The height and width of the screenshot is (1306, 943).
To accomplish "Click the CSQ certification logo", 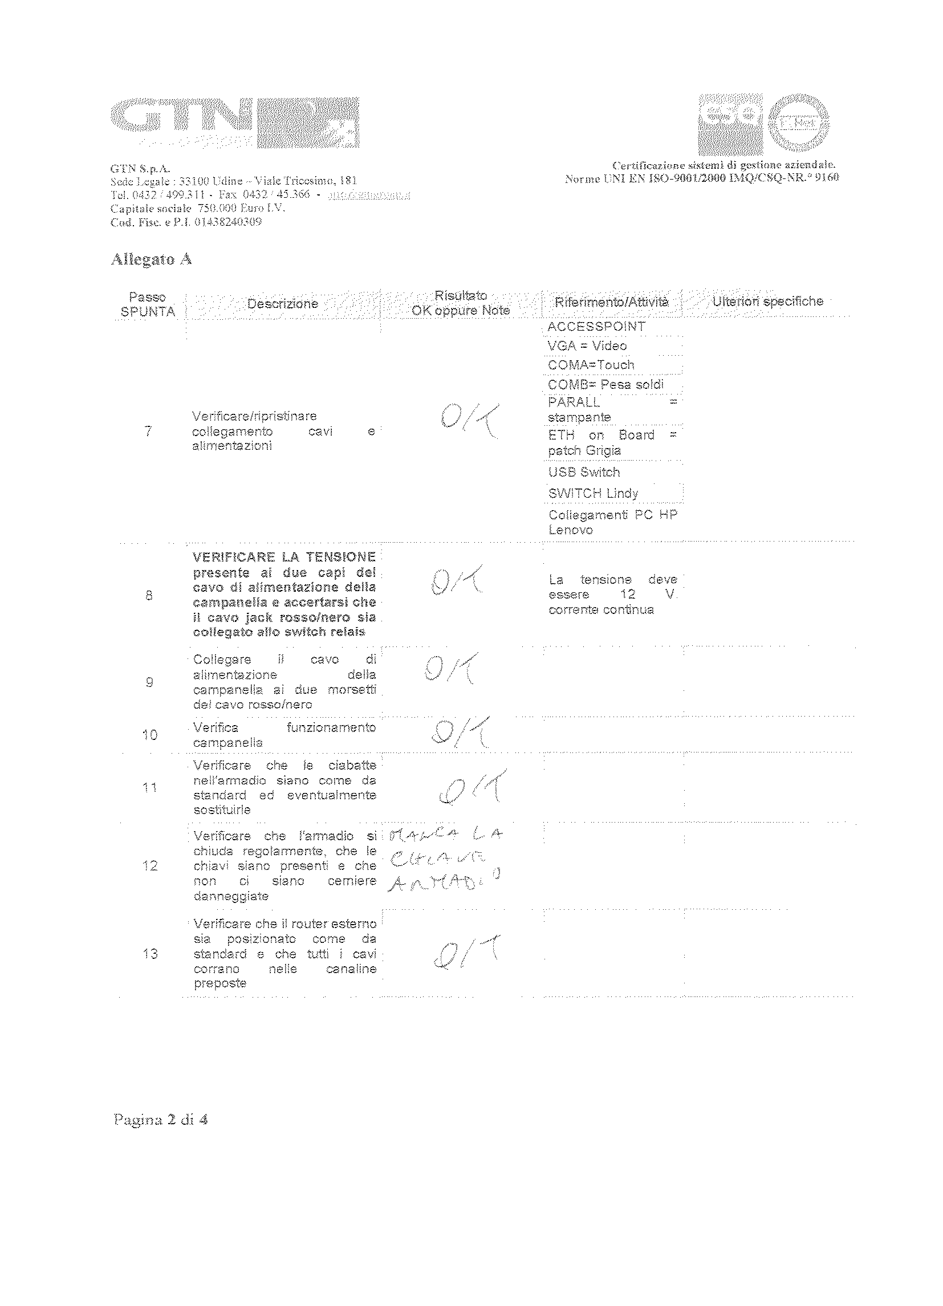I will (x=730, y=123).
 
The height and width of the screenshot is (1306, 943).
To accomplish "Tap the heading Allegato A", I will (x=151, y=260).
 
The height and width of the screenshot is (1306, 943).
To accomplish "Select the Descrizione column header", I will (x=282, y=303).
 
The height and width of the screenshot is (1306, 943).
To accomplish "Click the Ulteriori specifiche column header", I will (x=767, y=301).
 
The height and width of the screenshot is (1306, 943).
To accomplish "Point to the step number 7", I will (x=148, y=431).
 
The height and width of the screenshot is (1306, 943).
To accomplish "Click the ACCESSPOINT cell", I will (x=596, y=327).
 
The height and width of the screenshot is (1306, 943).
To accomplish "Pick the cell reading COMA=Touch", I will (x=591, y=365).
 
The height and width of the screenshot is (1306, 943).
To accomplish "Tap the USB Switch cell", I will (x=584, y=472).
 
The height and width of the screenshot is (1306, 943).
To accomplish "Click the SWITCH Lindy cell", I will (x=594, y=494).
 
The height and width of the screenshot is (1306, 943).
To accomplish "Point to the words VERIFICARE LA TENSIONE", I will (x=284, y=557).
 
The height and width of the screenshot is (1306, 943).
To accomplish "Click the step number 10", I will (x=150, y=735).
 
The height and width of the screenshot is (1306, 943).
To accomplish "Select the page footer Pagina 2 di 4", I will (x=161, y=1120).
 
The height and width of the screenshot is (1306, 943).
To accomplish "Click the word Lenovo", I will (x=570, y=530).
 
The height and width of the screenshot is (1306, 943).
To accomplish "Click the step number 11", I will (x=150, y=787).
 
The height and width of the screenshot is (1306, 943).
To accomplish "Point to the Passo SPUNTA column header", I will (x=148, y=304).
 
